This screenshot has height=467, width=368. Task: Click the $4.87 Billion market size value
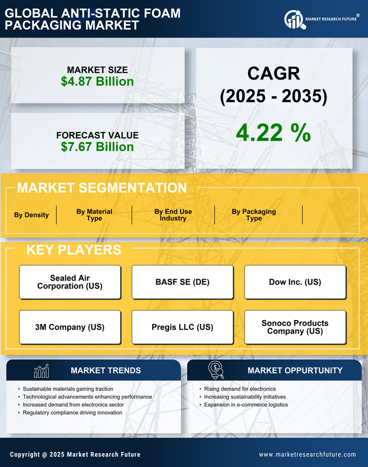pyautogui.click(x=97, y=82)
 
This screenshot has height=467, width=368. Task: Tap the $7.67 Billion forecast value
pyautogui.click(x=97, y=147)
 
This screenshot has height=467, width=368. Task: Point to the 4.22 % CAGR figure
pyautogui.click(x=273, y=133)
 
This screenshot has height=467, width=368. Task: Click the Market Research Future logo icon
pyautogui.click(x=294, y=19)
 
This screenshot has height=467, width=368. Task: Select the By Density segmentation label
pyautogui.click(x=31, y=215)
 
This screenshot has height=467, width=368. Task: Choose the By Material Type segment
pyautogui.click(x=94, y=215)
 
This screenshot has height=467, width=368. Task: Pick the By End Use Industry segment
pyautogui.click(x=173, y=215)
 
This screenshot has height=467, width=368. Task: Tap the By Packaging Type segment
pyautogui.click(x=254, y=215)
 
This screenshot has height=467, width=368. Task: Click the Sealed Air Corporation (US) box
pyautogui.click(x=70, y=282)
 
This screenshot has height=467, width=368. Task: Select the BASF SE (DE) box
pyautogui.click(x=182, y=282)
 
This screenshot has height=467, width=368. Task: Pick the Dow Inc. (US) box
pyautogui.click(x=295, y=282)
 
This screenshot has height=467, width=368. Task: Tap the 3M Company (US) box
pyautogui.click(x=70, y=327)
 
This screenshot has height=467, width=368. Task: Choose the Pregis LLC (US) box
pyautogui.click(x=182, y=327)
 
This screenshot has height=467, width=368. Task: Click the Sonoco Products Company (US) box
pyautogui.click(x=295, y=327)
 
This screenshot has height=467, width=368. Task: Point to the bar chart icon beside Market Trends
pyautogui.click(x=42, y=371)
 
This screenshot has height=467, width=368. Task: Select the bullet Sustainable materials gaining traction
pyautogui.click(x=64, y=389)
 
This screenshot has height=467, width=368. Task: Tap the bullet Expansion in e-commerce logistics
pyautogui.click(x=246, y=405)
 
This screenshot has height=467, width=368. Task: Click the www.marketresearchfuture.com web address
pyautogui.click(x=307, y=454)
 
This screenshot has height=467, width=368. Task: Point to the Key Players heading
pyautogui.click(x=73, y=250)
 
